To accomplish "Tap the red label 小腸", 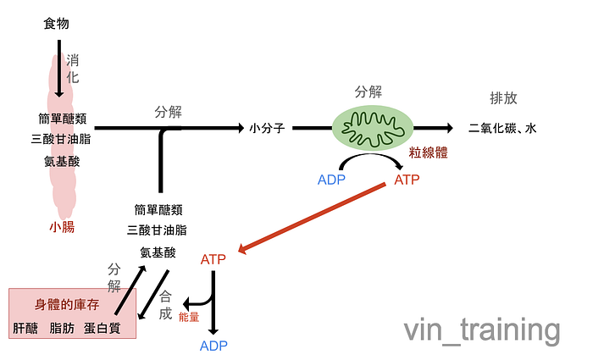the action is (62, 226).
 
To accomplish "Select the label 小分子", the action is (266, 129).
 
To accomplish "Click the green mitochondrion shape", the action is (370, 127).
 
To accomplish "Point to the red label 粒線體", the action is (428, 153).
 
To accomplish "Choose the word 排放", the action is (503, 97).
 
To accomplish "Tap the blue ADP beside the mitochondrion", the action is (331, 180).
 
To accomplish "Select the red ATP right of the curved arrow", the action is (407, 180).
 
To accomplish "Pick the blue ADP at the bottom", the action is (213, 345).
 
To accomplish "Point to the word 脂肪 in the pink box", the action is (64, 328).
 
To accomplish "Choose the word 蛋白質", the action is (103, 328).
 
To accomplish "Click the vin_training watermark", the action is (481, 330).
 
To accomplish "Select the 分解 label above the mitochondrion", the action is (369, 91).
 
